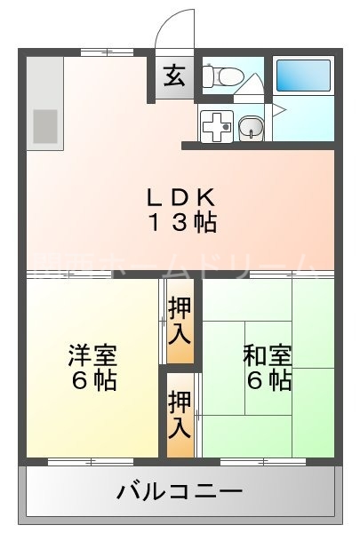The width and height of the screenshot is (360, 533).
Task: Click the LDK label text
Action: pos(181,197)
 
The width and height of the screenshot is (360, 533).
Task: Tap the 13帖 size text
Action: pos(181,223)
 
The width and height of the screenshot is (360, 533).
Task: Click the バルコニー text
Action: pos(180,489)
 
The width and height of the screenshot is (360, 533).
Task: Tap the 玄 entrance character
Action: pos(173,76)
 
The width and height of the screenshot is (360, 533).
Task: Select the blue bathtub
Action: pos(303,76)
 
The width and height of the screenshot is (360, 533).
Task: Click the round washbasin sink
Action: pos(252,128)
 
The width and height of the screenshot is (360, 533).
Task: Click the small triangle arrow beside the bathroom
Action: pos(278,110)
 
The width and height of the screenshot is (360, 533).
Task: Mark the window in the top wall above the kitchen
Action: pos(94,52)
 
